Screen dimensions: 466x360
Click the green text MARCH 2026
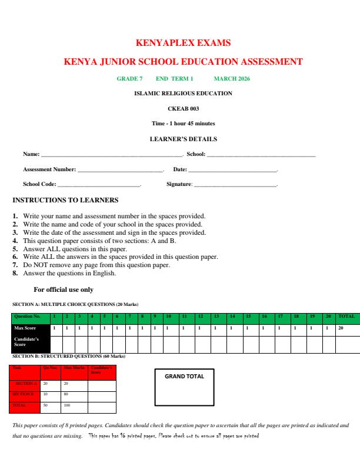pyautogui.click(x=232, y=78)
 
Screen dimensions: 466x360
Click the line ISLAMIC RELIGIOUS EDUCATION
pyautogui.click(x=183, y=93)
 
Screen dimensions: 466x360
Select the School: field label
pyautogui.click(x=196, y=155)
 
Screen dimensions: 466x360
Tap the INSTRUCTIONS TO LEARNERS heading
pyautogui.click(x=65, y=201)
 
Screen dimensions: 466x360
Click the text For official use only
pyautogui.click(x=64, y=289)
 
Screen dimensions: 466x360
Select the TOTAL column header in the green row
pyautogui.click(x=346, y=316)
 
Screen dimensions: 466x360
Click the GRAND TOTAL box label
pyautogui.click(x=184, y=377)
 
